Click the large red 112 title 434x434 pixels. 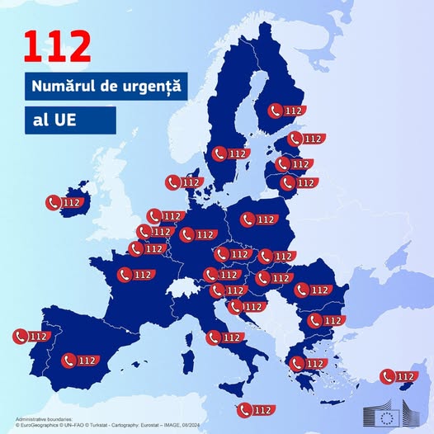[x=57, y=48]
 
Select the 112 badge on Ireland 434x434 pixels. [x=65, y=202]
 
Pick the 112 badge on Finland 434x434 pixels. [x=285, y=110]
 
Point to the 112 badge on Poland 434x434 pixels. [x=258, y=219]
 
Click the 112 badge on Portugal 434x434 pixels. [x=31, y=336]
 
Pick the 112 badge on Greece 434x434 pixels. [x=307, y=363]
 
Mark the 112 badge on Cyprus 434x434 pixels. [x=398, y=377]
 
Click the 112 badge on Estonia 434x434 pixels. [x=305, y=139]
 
